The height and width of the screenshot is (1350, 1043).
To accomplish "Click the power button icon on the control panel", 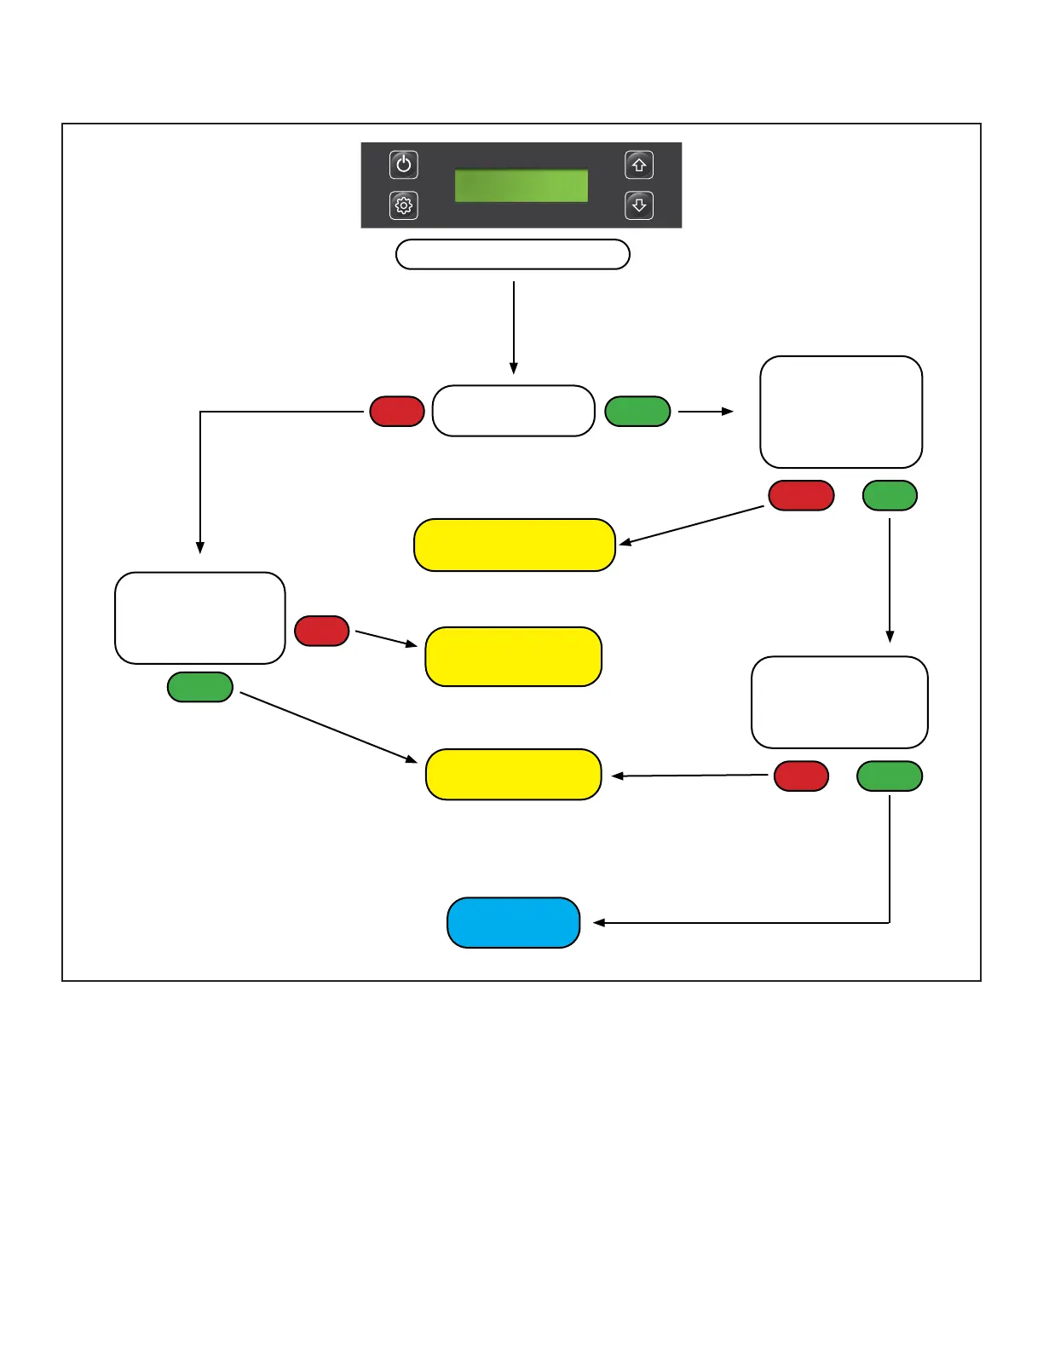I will [x=404, y=164].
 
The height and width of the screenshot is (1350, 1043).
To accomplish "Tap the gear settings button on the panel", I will [x=404, y=205].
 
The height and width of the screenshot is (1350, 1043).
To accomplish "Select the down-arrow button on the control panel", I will [x=639, y=205].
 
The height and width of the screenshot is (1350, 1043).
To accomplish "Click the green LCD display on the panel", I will [x=521, y=186].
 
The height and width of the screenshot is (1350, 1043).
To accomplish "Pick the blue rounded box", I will [x=513, y=923].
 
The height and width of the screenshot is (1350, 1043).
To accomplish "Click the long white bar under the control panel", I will [x=513, y=255].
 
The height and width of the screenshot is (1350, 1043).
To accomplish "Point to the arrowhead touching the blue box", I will [x=598, y=923].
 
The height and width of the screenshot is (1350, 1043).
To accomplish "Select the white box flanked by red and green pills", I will [x=513, y=411].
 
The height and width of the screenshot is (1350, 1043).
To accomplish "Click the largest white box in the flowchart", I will [x=841, y=412].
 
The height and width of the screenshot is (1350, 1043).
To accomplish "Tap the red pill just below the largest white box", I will [x=801, y=496].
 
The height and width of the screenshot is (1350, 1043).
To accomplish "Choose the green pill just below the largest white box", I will [x=890, y=496].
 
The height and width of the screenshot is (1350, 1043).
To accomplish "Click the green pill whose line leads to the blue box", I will [x=890, y=776].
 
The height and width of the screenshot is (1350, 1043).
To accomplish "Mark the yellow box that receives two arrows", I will [x=513, y=775].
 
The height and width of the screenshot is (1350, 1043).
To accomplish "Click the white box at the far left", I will [x=200, y=618].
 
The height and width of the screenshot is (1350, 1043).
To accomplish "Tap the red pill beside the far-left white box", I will [x=321, y=632].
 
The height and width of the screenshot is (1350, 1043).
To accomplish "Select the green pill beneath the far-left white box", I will [x=200, y=687].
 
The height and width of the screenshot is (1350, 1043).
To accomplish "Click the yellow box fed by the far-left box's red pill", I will [x=513, y=657].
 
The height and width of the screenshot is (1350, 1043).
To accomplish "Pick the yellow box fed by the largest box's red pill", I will [x=514, y=545].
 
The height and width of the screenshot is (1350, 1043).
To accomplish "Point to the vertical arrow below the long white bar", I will [x=514, y=328].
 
